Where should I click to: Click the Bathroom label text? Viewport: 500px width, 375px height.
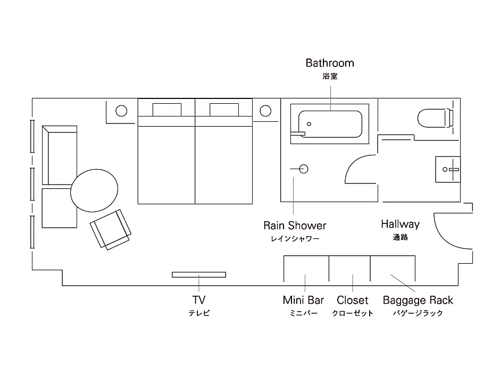point(330,63)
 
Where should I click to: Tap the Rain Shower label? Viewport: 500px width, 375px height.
point(295,226)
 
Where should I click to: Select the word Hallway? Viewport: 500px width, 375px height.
point(400,224)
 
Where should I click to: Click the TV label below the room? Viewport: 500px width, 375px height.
point(199,300)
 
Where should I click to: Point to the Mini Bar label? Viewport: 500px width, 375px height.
point(303,301)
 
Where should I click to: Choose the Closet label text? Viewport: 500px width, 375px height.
point(352,301)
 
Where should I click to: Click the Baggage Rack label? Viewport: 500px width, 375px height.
point(418,301)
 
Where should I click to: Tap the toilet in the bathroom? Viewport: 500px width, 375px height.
point(433,118)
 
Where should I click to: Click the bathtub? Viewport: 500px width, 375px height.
point(330,124)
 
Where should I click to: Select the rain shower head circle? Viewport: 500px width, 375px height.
point(304,169)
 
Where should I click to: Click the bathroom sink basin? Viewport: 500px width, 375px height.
point(447,169)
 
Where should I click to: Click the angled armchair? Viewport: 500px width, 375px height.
point(111,229)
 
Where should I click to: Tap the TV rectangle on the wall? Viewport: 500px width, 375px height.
point(199,274)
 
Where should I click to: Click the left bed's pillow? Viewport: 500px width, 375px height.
point(167,110)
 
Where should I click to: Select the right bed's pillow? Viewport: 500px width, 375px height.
point(224,110)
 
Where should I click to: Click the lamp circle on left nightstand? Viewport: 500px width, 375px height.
point(122,111)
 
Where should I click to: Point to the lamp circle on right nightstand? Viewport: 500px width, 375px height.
point(265,111)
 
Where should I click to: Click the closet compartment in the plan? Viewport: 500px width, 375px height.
point(349,269)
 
